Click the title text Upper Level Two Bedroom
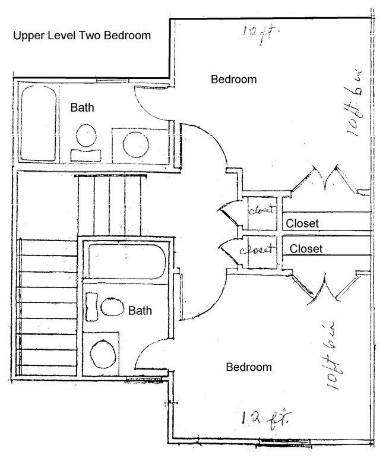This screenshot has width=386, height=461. click(x=82, y=36)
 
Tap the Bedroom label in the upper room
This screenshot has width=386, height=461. click(x=234, y=80)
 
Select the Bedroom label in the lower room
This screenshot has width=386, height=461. click(x=249, y=367)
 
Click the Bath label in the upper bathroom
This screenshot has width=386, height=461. click(x=82, y=108)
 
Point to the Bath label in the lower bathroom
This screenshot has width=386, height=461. click(x=140, y=310)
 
